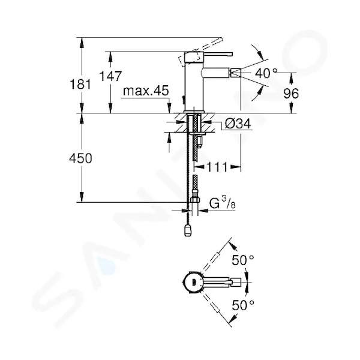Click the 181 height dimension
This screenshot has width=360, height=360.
coord(80,84)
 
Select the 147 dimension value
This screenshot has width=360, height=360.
coord(110,76)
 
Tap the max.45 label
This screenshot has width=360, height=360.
coord(146,91)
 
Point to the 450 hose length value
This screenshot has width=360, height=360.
coord(80,158)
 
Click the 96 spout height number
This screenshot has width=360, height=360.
coord(291,93)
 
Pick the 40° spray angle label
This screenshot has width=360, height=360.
coord(266,73)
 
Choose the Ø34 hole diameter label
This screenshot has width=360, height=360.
coord(238,124)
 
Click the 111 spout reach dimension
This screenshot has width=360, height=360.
coord(217,167)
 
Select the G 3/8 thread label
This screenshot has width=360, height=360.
coord(222,203)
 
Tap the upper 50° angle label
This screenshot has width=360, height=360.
coord(243,260)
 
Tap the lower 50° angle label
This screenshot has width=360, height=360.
coord(243,305)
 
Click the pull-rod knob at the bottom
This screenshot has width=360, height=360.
coord(187,230)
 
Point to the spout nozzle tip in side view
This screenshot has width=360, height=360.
coord(236,73)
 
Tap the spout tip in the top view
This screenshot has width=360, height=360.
coord(236,282)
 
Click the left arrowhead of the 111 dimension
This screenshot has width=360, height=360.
coord(199,167)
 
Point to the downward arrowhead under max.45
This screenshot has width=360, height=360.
coord(169,108)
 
